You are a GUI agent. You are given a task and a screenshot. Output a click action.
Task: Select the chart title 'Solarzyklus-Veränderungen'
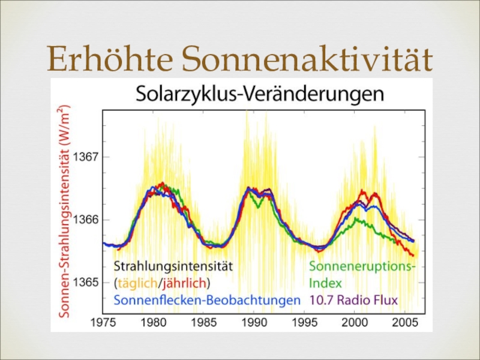click(259, 94)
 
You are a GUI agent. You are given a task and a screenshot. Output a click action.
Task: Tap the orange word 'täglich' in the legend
click(139, 282)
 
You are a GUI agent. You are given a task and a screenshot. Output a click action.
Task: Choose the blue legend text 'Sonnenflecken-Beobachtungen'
click(206, 299)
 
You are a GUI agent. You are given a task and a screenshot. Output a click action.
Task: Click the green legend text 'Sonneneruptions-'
click(362, 265)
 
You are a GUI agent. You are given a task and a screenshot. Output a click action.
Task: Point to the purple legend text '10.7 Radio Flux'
click(353, 299)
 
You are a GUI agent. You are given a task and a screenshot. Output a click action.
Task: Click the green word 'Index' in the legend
click(325, 282)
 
